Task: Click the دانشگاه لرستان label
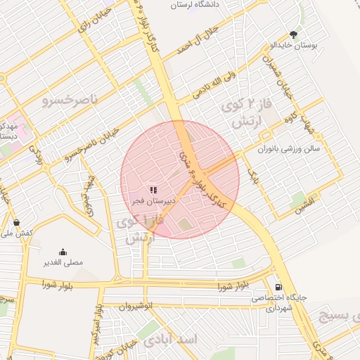(209, 4)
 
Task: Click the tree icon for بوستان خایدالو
(293, 34)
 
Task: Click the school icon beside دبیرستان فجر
(153, 189)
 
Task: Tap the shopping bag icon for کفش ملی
(16, 222)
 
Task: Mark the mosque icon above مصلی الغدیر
(63, 252)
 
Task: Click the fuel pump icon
(280, 287)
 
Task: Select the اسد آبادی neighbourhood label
(172, 340)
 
